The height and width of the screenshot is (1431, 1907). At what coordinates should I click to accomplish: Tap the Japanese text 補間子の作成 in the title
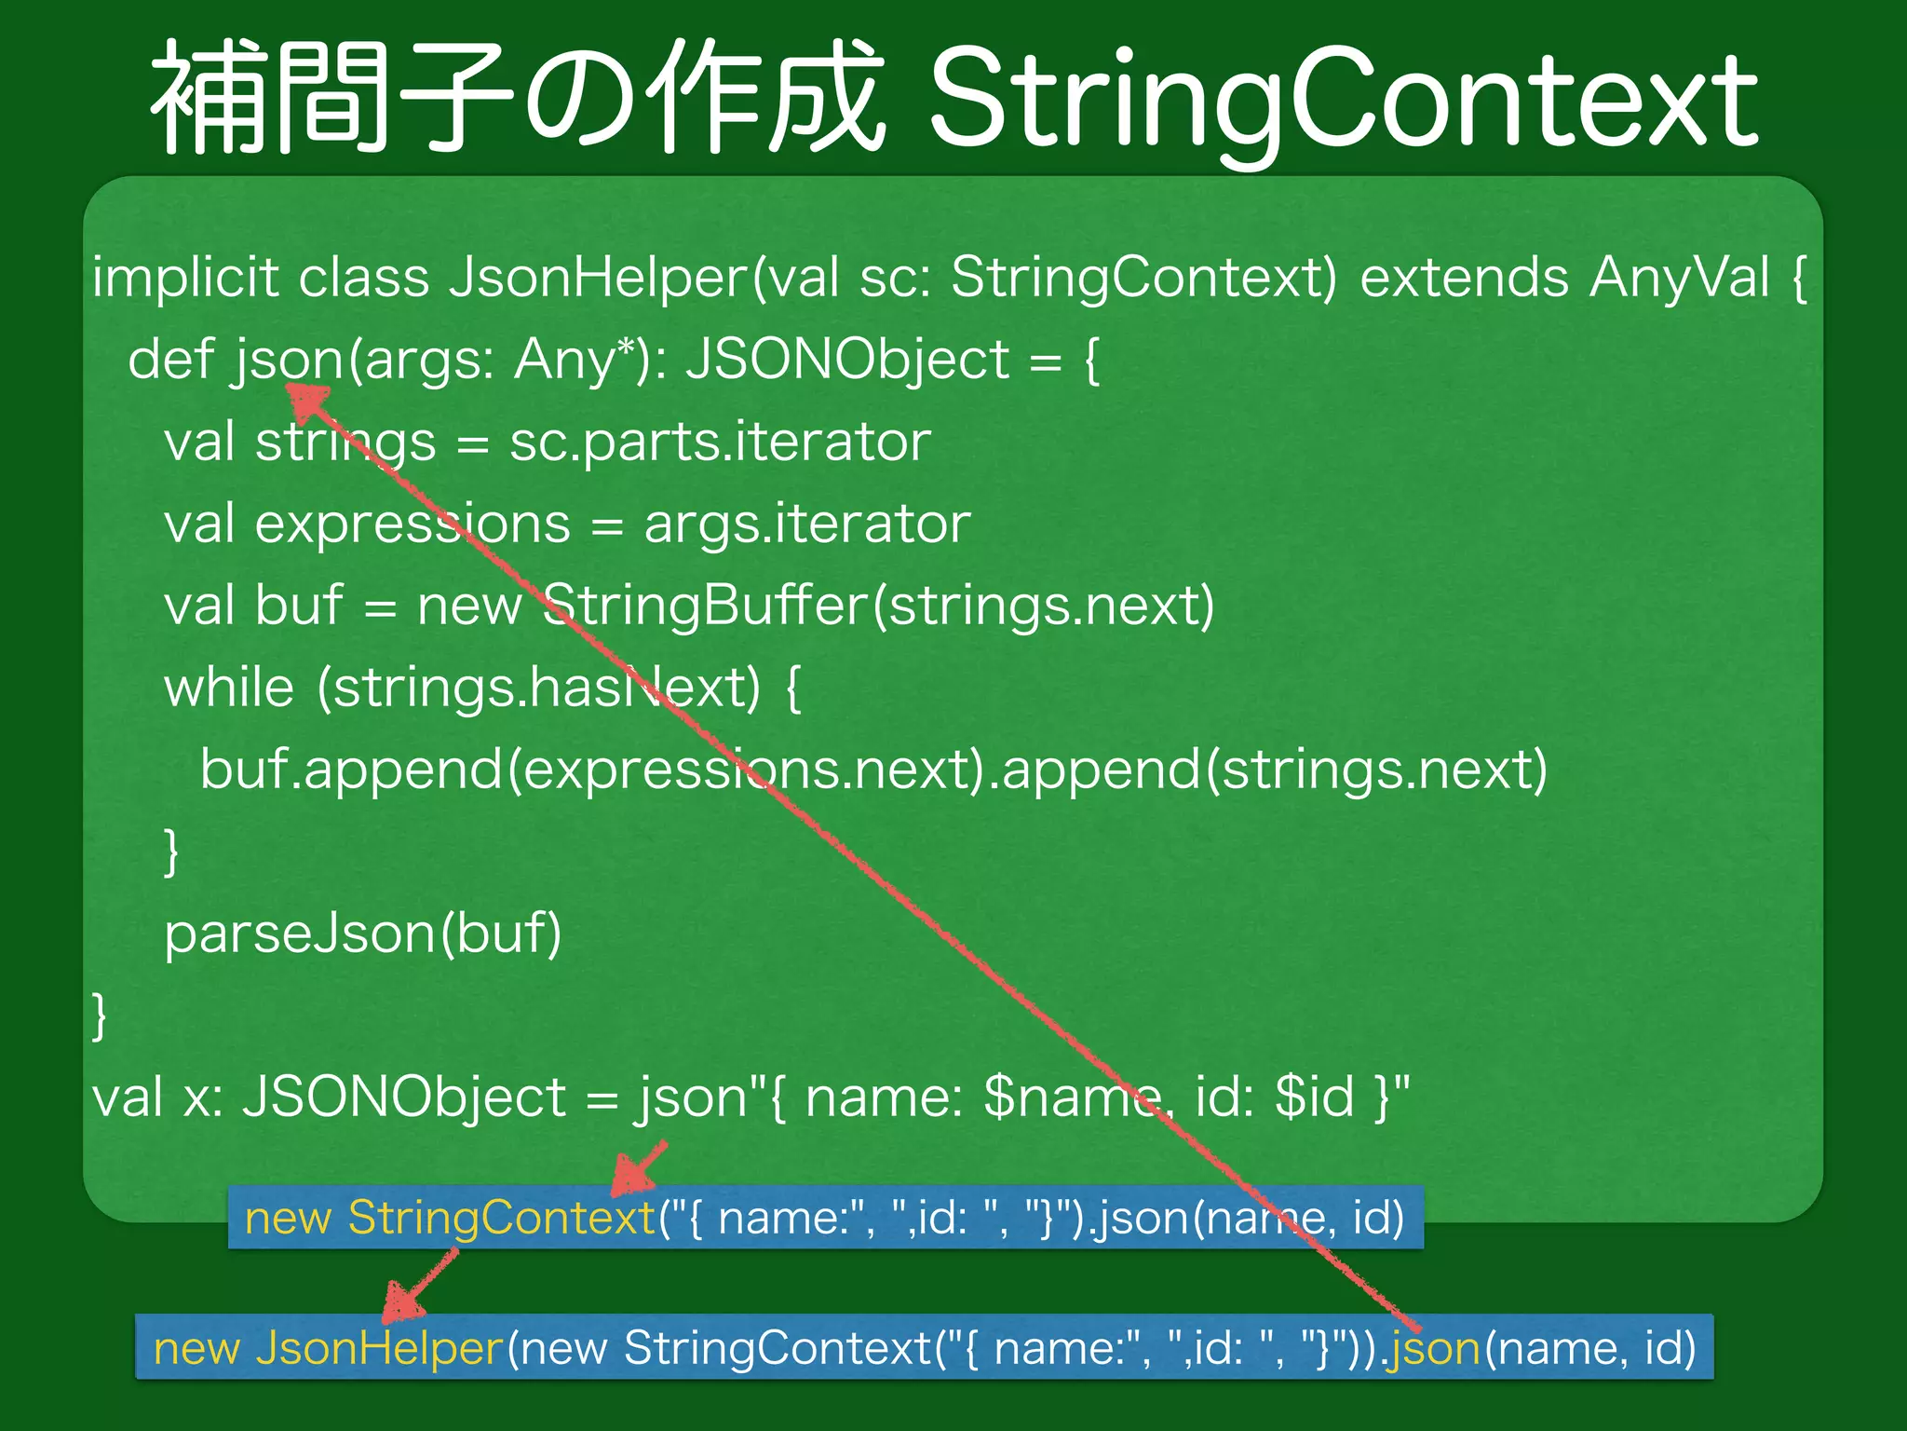click(x=518, y=98)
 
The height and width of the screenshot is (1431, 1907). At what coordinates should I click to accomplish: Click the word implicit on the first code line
click(x=184, y=278)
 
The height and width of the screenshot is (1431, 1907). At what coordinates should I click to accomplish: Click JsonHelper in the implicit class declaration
click(x=597, y=278)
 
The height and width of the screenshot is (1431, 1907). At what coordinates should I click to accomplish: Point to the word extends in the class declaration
click(x=1464, y=278)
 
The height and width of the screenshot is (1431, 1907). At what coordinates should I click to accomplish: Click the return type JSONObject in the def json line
click(x=847, y=360)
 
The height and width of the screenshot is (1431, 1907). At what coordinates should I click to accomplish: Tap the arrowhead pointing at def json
click(x=307, y=402)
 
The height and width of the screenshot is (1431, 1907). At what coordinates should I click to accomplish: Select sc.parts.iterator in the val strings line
click(x=719, y=442)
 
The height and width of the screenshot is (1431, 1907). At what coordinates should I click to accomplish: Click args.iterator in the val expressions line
click(x=806, y=524)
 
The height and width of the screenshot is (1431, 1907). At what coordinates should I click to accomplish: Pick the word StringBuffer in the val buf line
click(x=704, y=606)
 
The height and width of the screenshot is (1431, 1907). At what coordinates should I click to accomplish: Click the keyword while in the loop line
click(x=229, y=688)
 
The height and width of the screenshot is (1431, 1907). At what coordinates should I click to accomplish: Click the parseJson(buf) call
click(x=363, y=934)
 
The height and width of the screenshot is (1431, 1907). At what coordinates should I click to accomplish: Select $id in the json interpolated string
click(x=1314, y=1097)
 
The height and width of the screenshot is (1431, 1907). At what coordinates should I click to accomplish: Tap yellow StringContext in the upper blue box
click(x=502, y=1218)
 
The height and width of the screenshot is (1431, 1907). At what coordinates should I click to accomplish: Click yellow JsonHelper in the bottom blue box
click(x=379, y=1348)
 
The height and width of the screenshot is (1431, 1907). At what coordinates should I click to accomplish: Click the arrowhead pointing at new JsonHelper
click(x=402, y=1303)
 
